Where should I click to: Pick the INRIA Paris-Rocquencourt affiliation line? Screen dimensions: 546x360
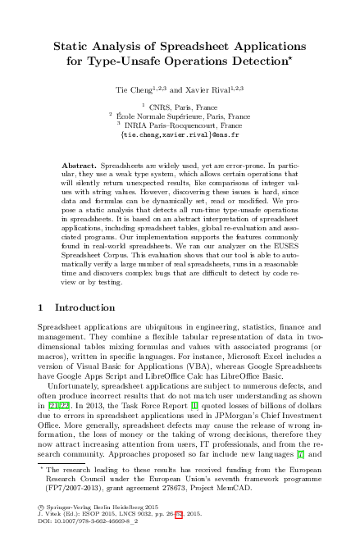tap(183, 125)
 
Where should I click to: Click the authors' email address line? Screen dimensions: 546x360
tap(180, 134)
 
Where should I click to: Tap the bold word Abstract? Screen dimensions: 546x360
tap(79, 166)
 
